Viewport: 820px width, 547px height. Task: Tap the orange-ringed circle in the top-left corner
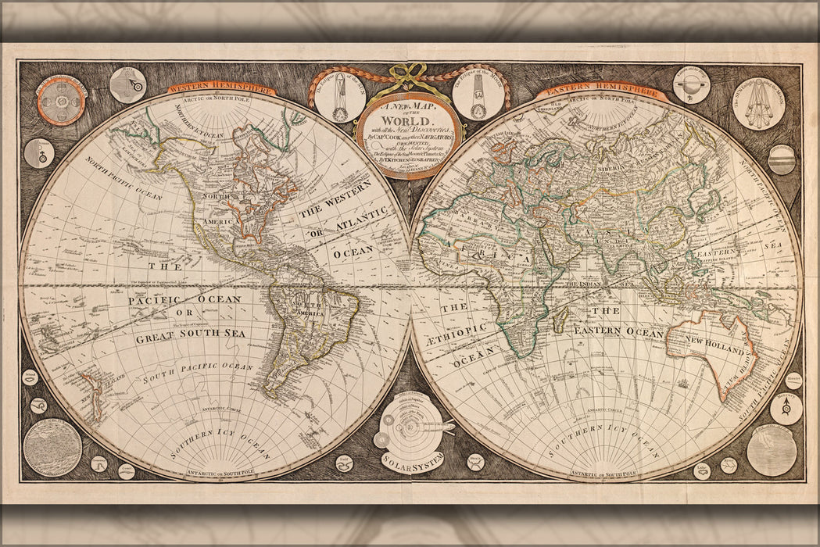tap(60, 98)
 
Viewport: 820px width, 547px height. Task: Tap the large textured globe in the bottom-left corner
tap(52, 447)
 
